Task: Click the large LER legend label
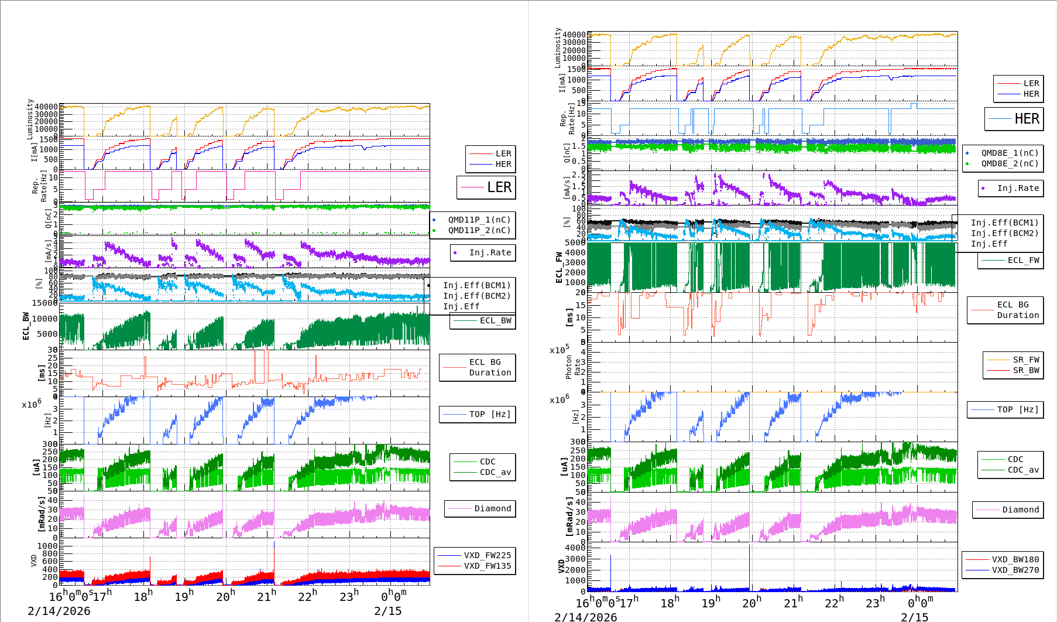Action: (x=499, y=187)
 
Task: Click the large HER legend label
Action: (x=1027, y=119)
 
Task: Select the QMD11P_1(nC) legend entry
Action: (x=479, y=220)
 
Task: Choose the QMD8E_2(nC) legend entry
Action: (x=1010, y=163)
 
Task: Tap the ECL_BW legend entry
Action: (x=495, y=320)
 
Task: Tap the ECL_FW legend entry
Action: (x=1023, y=260)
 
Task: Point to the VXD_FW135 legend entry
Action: (x=487, y=566)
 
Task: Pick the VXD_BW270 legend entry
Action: (x=1015, y=570)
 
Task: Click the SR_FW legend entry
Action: (x=1026, y=360)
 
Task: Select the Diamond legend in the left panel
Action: (x=492, y=508)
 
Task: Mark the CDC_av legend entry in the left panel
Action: (x=495, y=472)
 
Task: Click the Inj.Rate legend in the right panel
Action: (x=1018, y=188)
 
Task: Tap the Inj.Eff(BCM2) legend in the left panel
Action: (x=476, y=296)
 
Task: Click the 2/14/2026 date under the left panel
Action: (x=59, y=611)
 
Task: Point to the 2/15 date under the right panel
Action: (x=914, y=617)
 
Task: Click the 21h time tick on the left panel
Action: (x=266, y=597)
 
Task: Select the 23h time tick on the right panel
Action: (x=876, y=603)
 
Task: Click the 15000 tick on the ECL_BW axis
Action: (x=44, y=303)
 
